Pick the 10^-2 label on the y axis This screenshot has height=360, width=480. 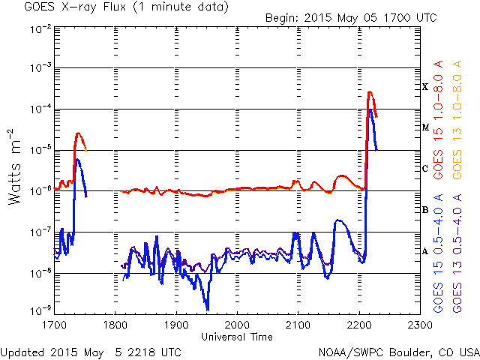40,28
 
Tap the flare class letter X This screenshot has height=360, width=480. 425,87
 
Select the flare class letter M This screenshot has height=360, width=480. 425,128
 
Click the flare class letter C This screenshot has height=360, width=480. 425,169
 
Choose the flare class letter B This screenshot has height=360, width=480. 425,210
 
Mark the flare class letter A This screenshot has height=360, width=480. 425,251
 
